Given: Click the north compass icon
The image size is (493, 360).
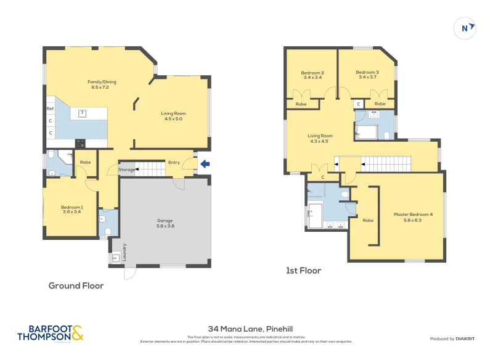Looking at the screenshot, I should (x=467, y=27).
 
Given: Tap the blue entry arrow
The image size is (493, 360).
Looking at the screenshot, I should (x=204, y=163).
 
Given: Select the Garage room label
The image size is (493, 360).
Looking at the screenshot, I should (x=165, y=223).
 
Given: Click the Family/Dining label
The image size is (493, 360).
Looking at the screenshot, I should (x=102, y=84).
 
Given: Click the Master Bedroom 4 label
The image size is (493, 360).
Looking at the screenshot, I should (x=413, y=217).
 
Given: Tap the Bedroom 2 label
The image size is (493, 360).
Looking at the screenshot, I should (x=313, y=75).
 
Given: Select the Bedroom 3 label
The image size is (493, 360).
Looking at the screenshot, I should (x=367, y=75).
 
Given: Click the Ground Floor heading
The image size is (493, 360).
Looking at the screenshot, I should (x=76, y=285).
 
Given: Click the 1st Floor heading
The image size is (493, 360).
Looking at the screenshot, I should (x=303, y=270).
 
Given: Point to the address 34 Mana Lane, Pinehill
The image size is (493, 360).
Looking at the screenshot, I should (x=246, y=330).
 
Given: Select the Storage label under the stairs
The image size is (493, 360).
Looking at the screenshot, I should (x=126, y=170).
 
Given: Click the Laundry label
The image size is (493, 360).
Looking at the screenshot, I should (x=124, y=253).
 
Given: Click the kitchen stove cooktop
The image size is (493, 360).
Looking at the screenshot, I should (x=80, y=144).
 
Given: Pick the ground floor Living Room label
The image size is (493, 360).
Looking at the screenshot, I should (x=173, y=116).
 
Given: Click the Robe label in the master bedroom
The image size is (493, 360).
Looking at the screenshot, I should (x=369, y=220).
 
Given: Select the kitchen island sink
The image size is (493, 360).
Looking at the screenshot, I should (x=81, y=113).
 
